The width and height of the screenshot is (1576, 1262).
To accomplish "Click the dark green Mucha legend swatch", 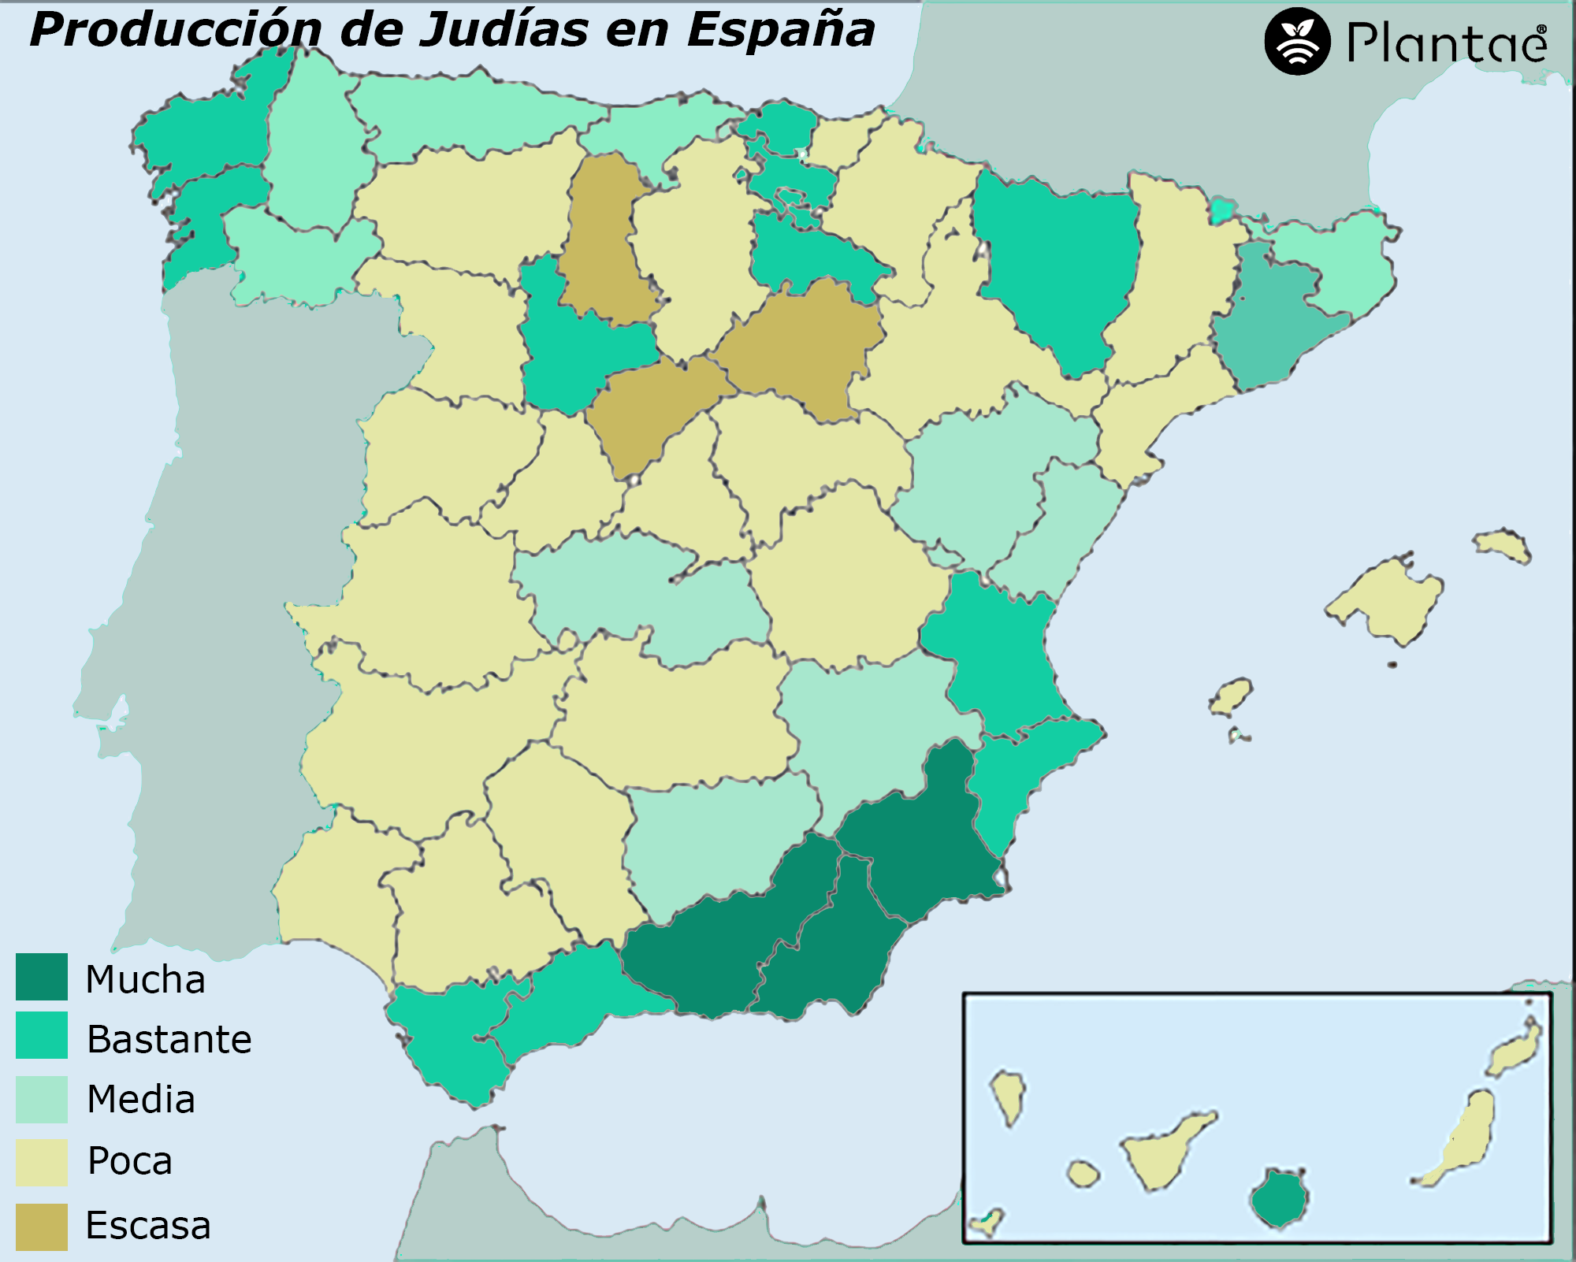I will click(x=42, y=977).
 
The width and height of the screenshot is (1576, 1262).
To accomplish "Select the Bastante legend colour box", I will click(x=42, y=1035).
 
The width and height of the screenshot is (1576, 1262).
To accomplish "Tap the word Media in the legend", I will click(x=141, y=1099).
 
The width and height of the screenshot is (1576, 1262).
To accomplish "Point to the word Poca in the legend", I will click(x=130, y=1160).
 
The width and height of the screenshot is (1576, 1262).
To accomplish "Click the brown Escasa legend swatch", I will click(x=42, y=1227).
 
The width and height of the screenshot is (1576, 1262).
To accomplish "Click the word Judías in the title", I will click(x=504, y=30).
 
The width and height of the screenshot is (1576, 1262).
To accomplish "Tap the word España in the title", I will click(x=780, y=30).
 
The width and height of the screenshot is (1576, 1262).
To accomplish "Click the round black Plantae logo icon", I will click(x=1297, y=42).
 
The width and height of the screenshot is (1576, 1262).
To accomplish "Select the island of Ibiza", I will click(x=1230, y=696).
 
